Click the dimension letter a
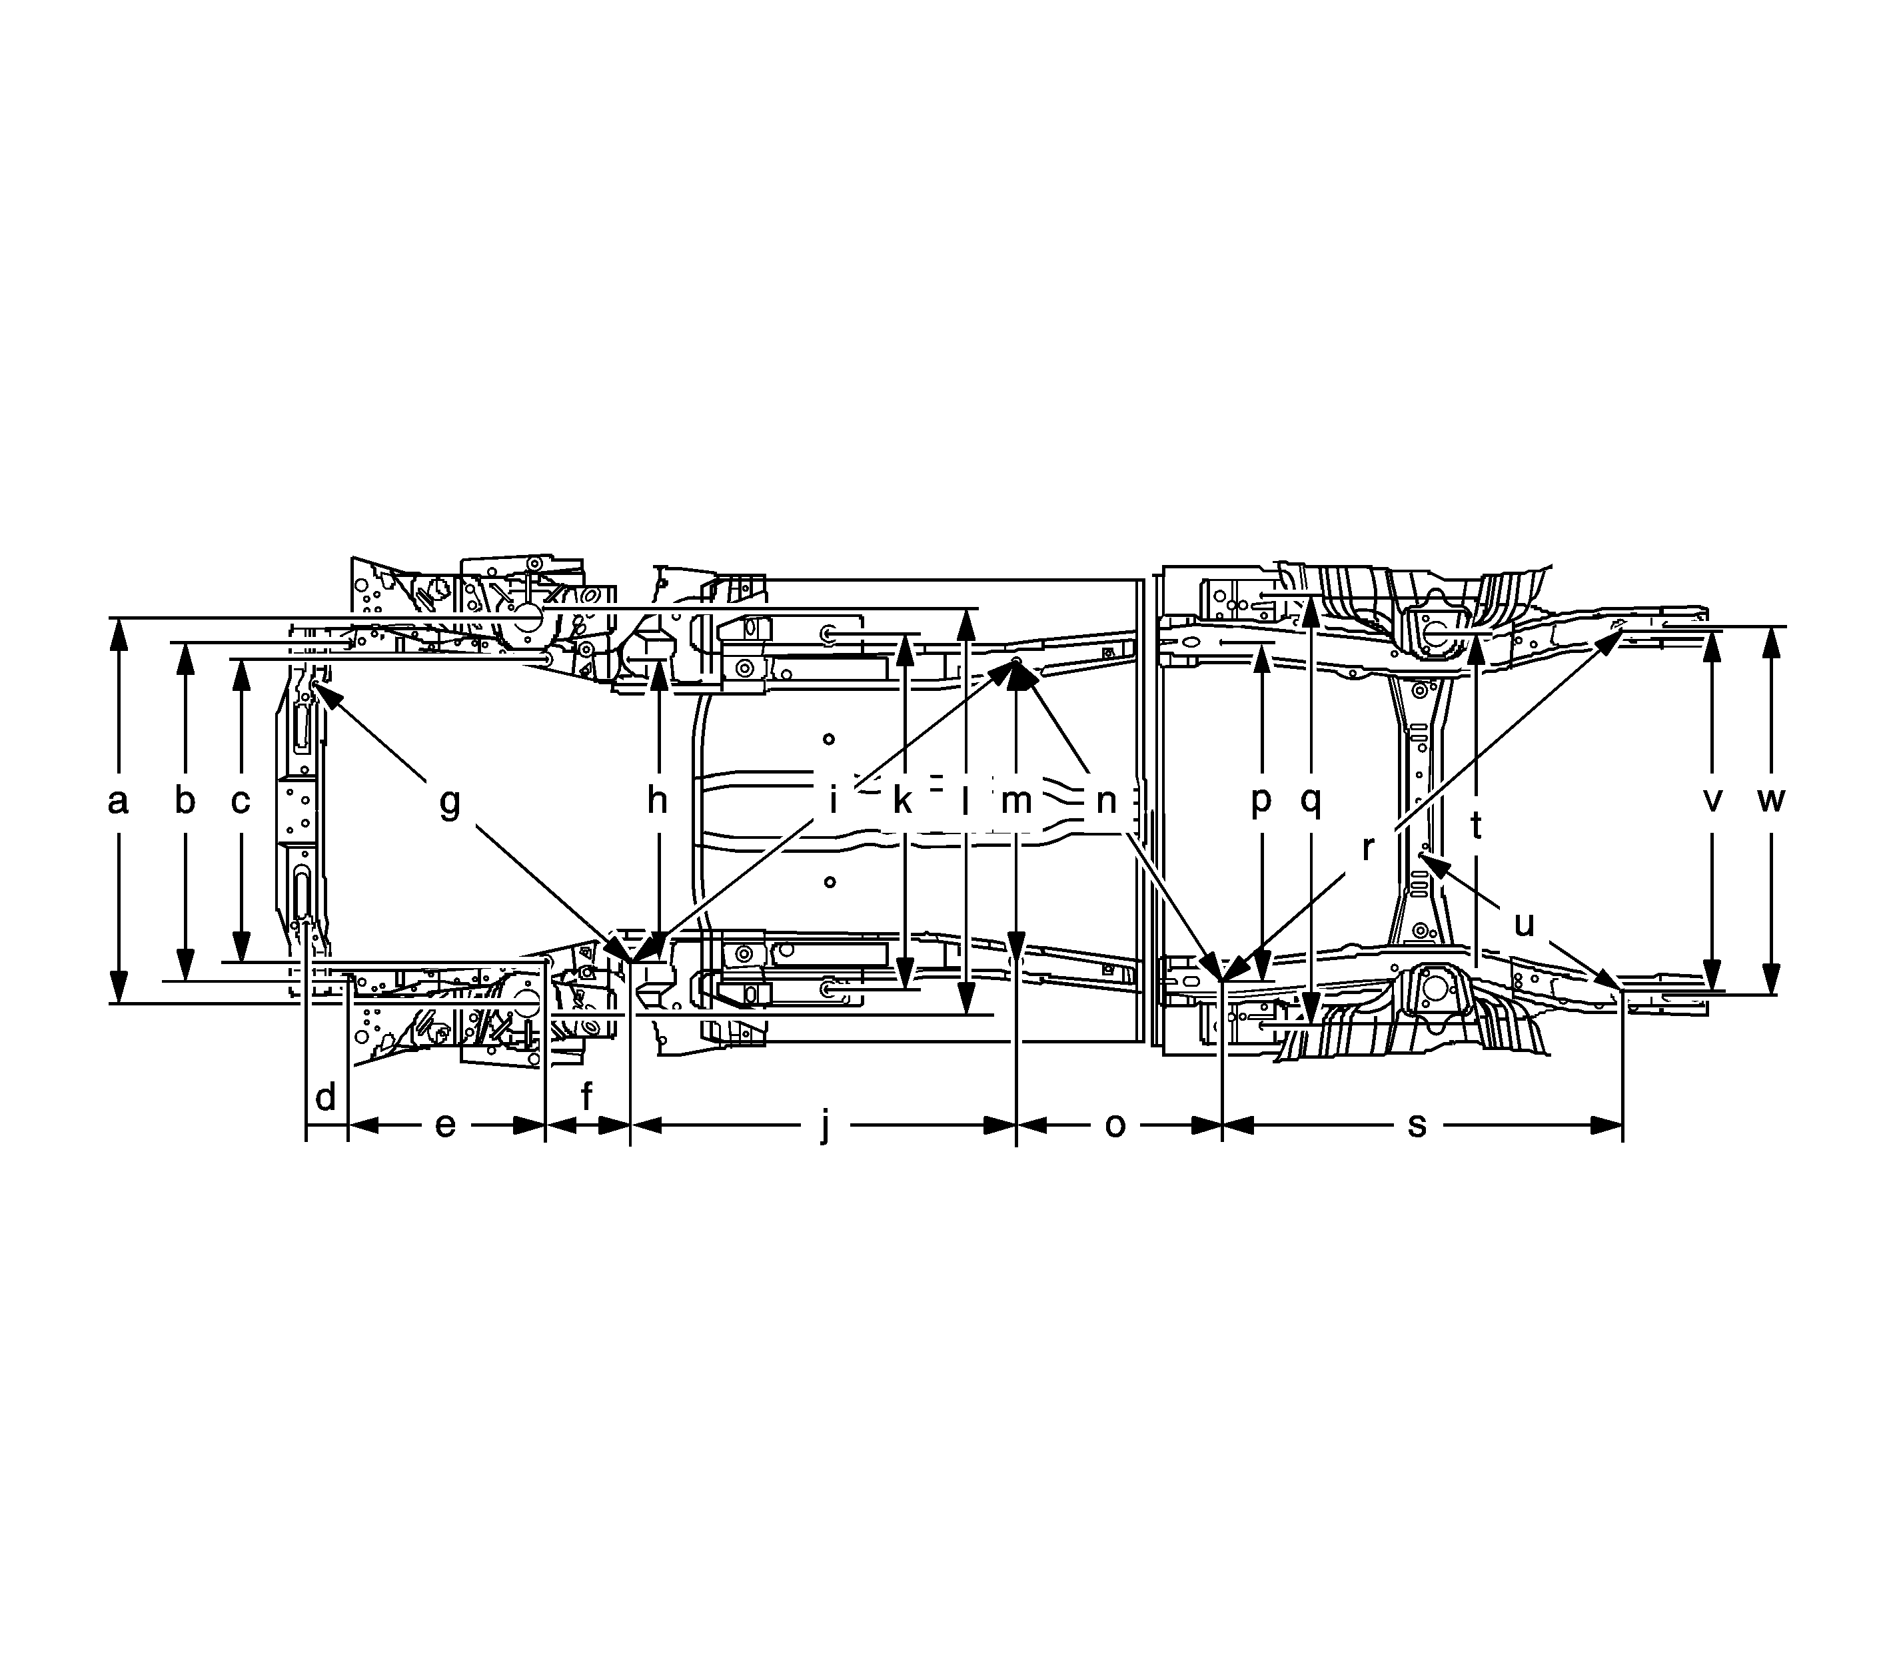tap(117, 801)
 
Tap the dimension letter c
tap(241, 801)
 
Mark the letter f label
tap(586, 1097)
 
